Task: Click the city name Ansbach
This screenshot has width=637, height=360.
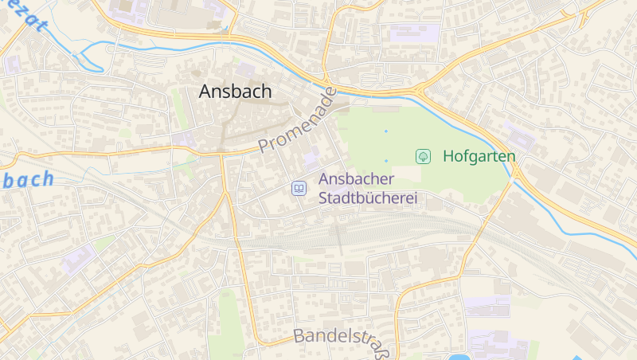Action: tap(235, 92)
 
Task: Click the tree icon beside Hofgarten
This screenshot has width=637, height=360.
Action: tap(423, 156)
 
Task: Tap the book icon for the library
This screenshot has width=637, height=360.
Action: tap(299, 189)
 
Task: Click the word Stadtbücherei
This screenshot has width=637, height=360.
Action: tap(368, 198)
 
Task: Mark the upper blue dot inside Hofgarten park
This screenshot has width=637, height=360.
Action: tap(386, 131)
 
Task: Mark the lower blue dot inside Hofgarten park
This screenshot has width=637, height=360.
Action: tap(386, 161)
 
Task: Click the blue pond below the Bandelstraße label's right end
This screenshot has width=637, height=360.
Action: tap(458, 357)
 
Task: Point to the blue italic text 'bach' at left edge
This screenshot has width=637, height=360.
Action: tap(28, 179)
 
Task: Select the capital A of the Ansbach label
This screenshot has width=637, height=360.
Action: tap(205, 92)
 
